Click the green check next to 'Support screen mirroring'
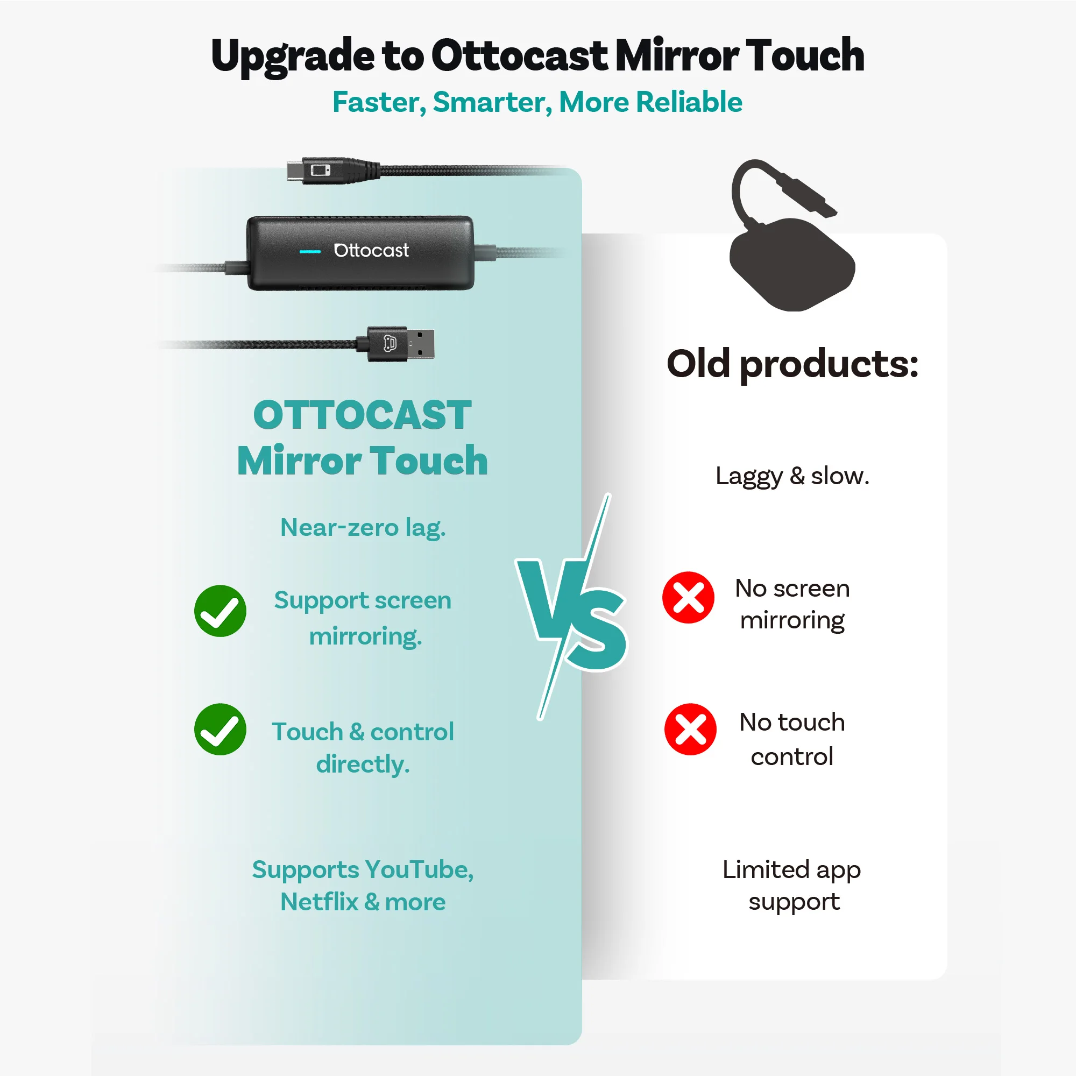(220, 611)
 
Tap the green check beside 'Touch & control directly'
(220, 729)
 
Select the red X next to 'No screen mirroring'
(689, 597)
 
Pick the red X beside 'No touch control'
(690, 729)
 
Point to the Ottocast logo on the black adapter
(371, 250)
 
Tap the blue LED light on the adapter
(310, 251)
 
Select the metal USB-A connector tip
(420, 344)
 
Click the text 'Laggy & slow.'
(792, 476)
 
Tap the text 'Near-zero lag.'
(363, 527)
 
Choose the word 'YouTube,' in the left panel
(419, 869)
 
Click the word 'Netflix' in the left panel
(319, 902)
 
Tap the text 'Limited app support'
(792, 886)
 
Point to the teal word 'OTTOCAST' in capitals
(362, 415)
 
